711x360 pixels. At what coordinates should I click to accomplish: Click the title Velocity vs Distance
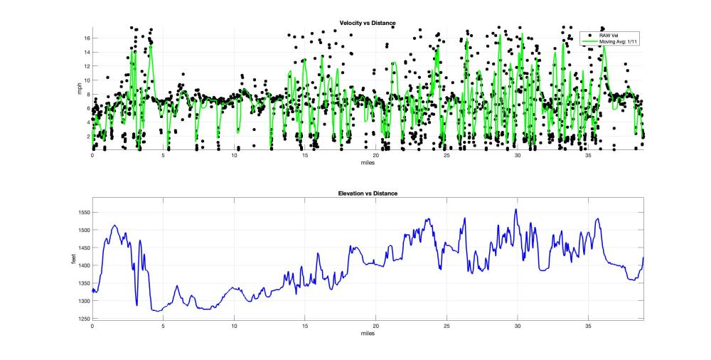pos(368,23)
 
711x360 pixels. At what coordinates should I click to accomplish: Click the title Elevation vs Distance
pos(368,194)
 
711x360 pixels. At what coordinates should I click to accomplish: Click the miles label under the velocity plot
pos(368,162)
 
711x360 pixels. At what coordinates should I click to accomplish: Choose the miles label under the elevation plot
pos(368,333)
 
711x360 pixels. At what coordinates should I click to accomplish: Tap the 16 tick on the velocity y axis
pos(86,38)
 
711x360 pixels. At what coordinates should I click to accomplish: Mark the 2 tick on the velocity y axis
pos(87,136)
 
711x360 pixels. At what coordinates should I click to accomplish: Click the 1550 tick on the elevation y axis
pos(83,213)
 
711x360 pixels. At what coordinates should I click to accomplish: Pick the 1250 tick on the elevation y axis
pos(83,319)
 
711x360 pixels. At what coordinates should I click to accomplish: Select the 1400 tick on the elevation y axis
pos(83,265)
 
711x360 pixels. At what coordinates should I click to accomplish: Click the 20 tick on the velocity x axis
pos(375,155)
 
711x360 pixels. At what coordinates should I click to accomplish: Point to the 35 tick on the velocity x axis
pos(588,155)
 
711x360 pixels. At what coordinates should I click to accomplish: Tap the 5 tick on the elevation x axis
pos(163,326)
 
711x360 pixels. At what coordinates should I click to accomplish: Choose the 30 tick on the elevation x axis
pos(518,326)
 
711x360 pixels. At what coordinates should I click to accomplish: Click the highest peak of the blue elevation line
pos(516,209)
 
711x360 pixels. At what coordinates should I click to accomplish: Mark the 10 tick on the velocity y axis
pos(86,80)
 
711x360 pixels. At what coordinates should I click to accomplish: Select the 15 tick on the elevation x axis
pos(304,326)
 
